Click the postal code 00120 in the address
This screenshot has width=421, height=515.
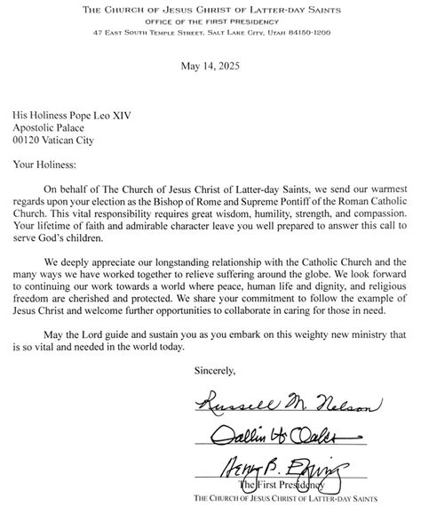pos(31,140)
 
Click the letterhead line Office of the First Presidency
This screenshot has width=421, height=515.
pos(210,21)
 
